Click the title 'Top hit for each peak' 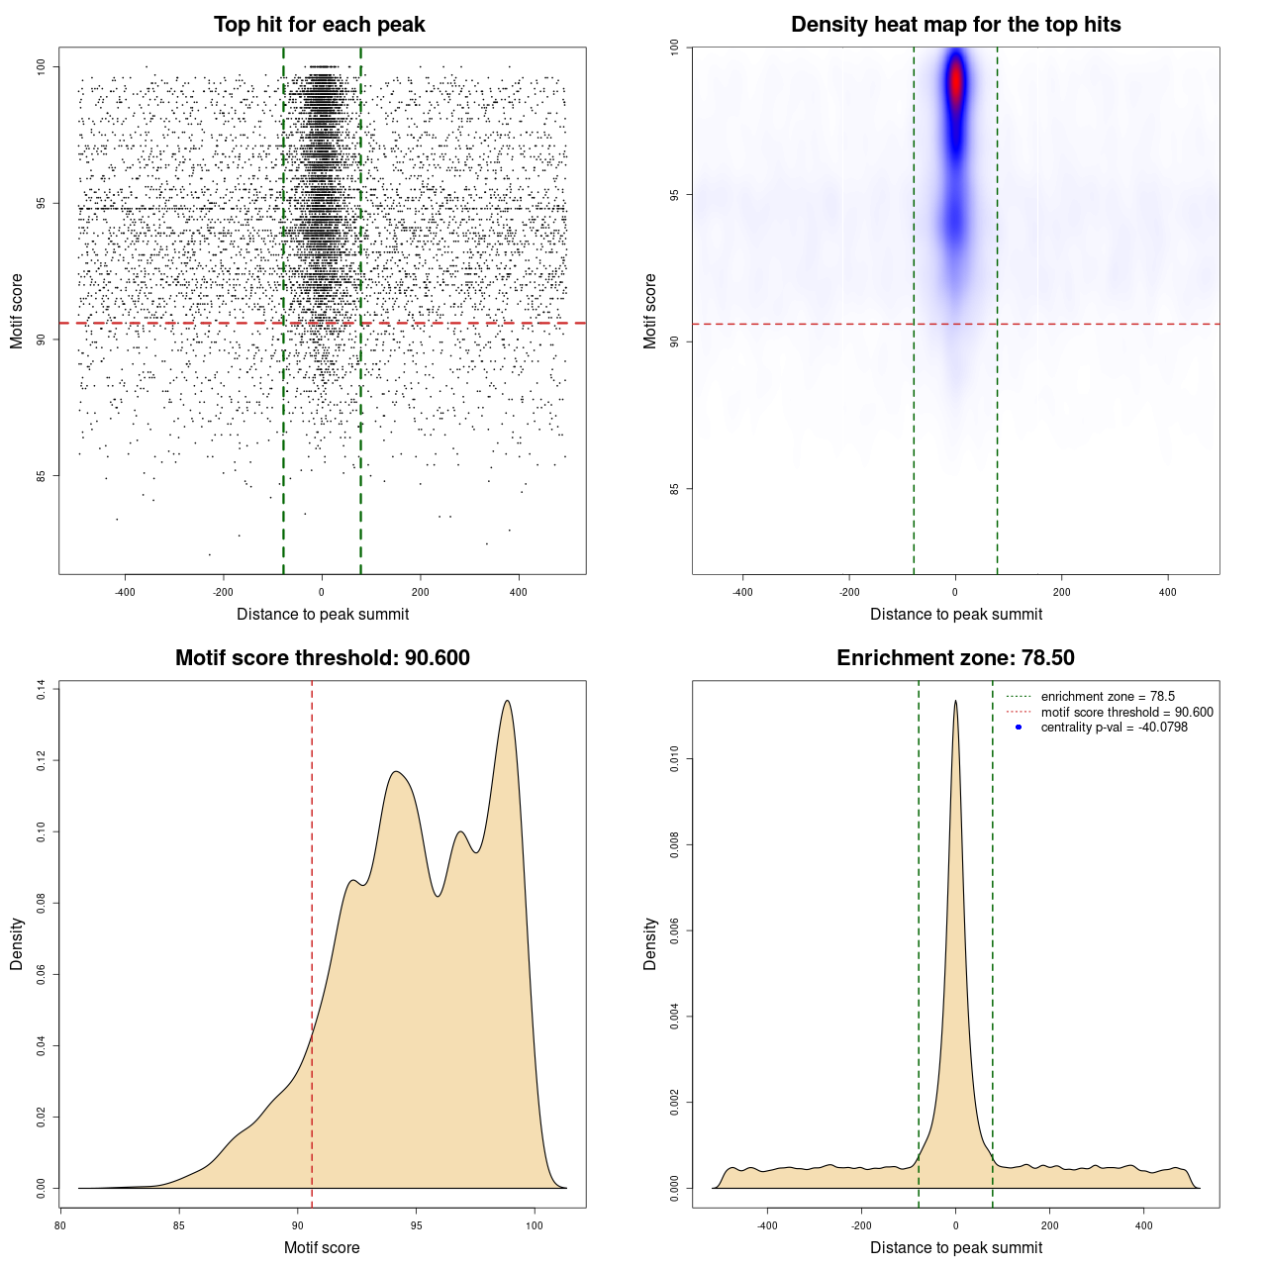click(320, 25)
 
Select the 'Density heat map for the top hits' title click(955, 25)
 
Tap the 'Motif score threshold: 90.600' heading click(322, 658)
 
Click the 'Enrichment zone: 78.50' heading click(955, 658)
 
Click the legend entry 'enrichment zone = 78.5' click(1108, 697)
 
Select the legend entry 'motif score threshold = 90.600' click(1126, 713)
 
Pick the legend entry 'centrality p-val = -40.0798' click(1114, 728)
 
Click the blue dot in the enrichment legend click(1019, 728)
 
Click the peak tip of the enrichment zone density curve click(955, 701)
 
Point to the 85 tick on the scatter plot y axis click(41, 475)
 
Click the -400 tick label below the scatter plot click(125, 592)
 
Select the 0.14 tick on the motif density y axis click(41, 689)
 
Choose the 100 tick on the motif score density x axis click(535, 1225)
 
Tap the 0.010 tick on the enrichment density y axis click(674, 760)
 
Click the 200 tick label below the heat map click(1062, 592)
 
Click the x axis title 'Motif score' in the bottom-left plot click(322, 1247)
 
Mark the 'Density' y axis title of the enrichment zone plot click(650, 943)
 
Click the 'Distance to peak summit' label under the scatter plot click(323, 614)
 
